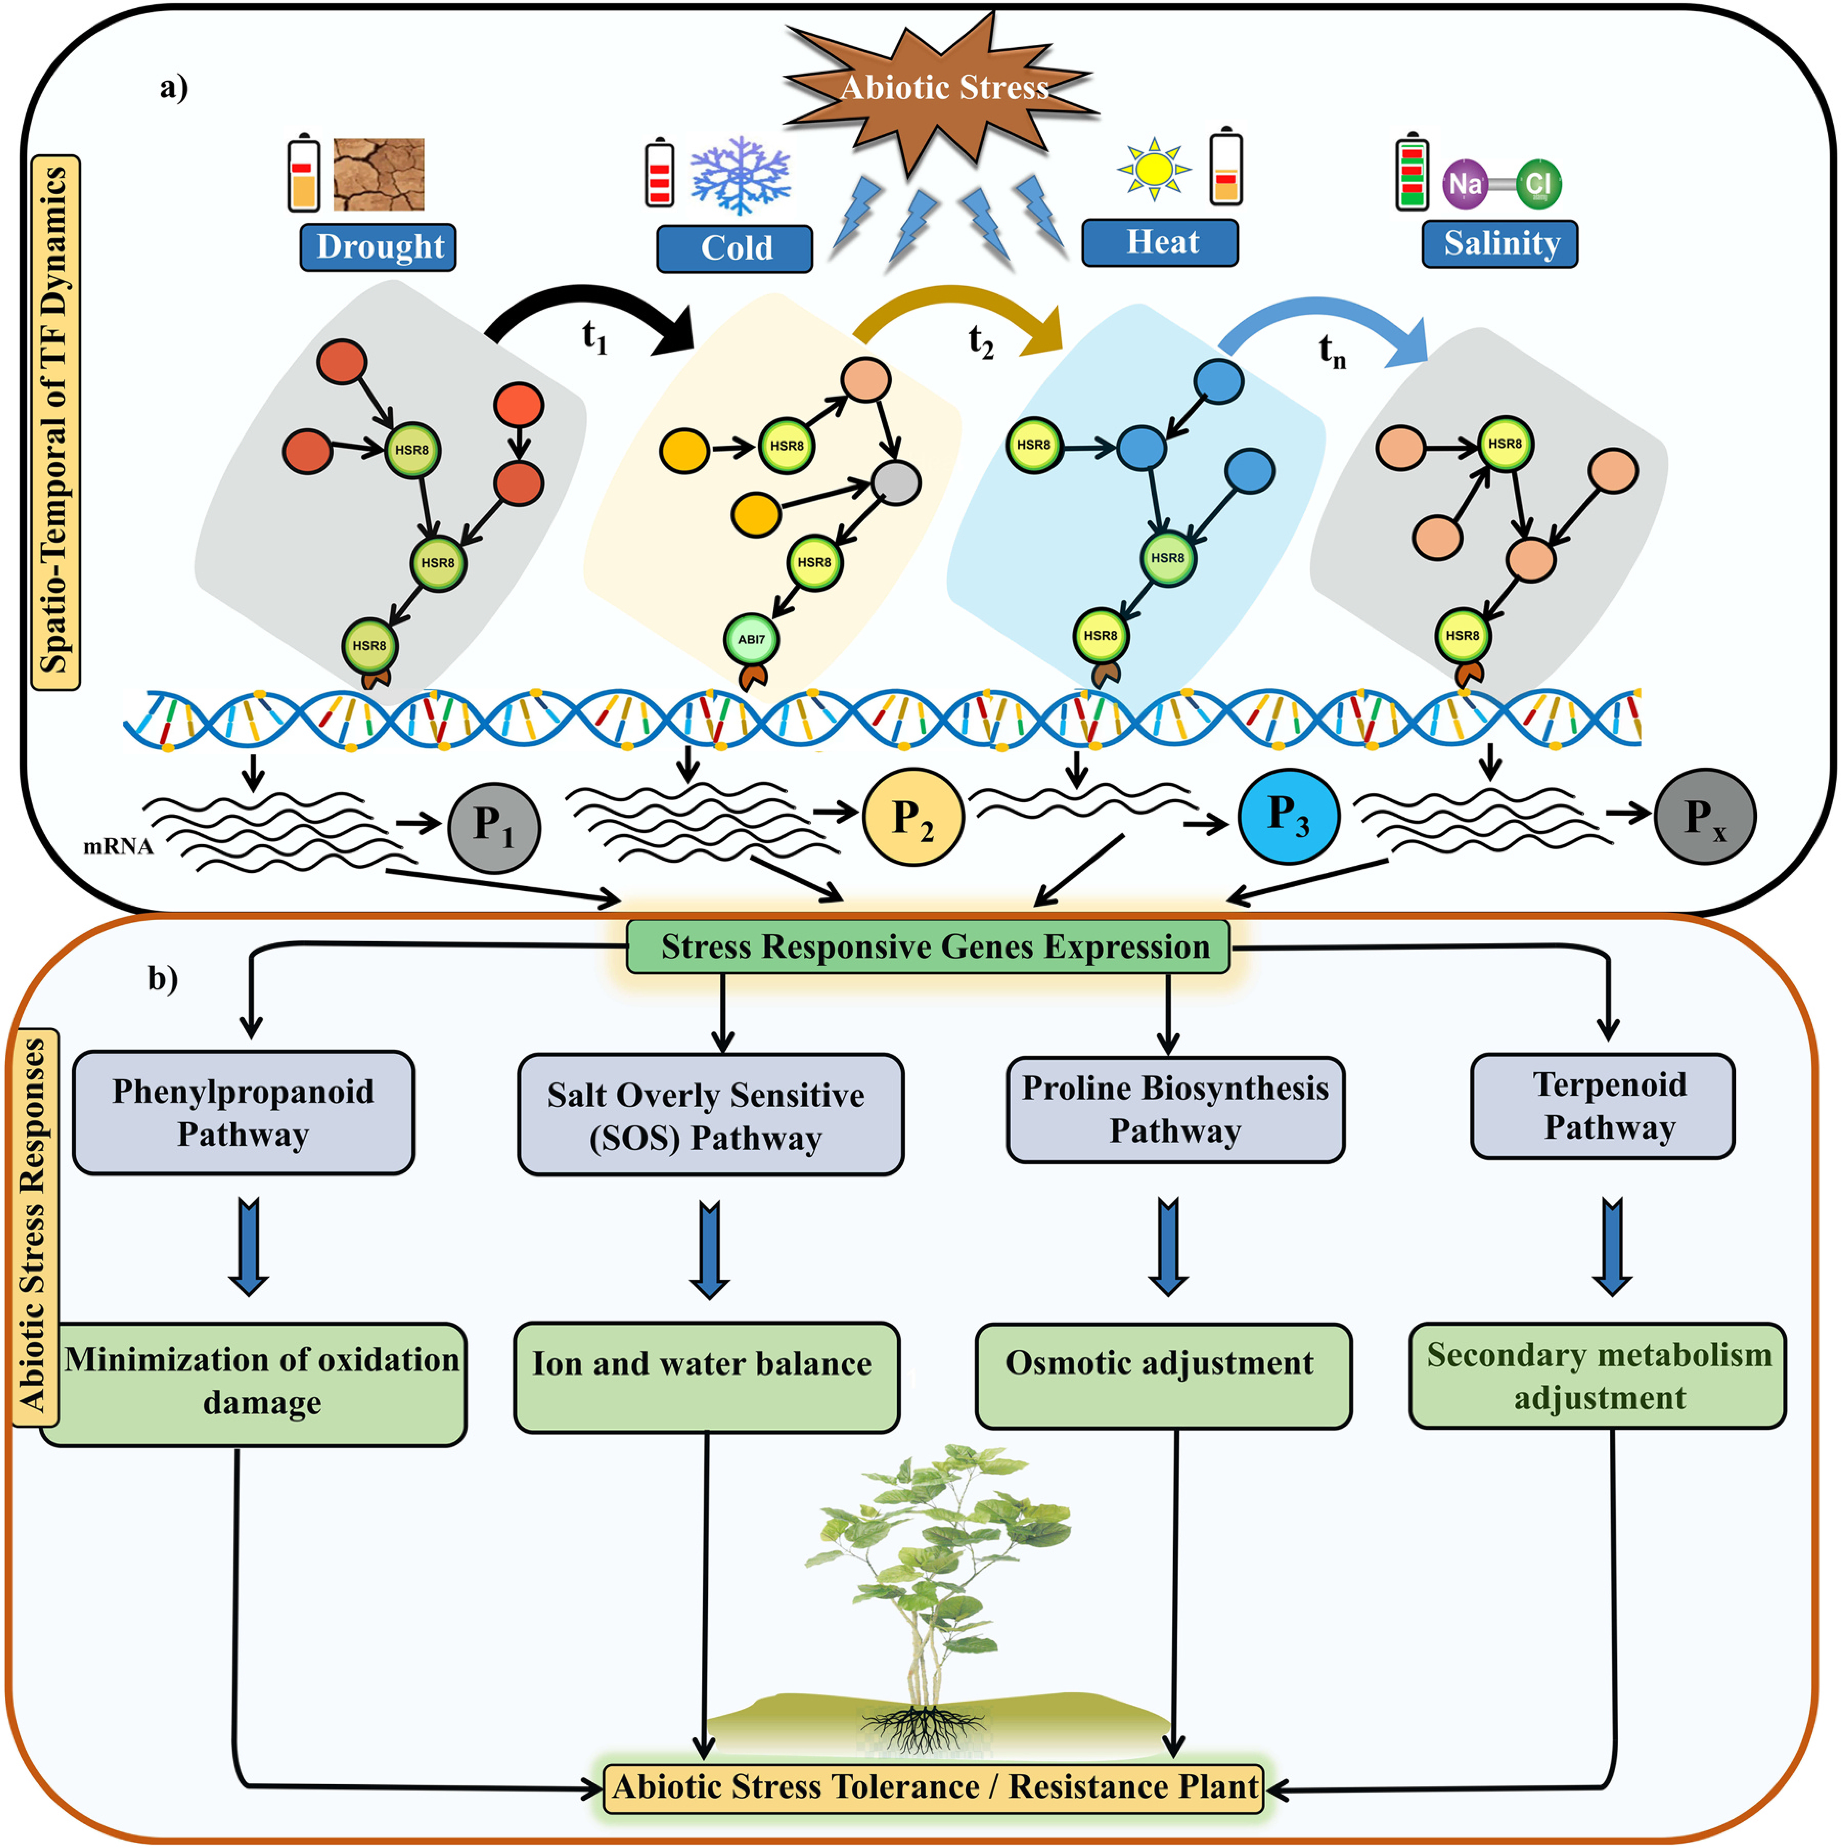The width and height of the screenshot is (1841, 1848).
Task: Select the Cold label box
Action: point(735,248)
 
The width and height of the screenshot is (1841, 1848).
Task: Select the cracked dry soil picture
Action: point(379,174)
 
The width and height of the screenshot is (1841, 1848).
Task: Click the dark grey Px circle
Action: point(1705,816)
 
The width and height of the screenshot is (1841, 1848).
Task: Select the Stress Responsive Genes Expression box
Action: point(928,947)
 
